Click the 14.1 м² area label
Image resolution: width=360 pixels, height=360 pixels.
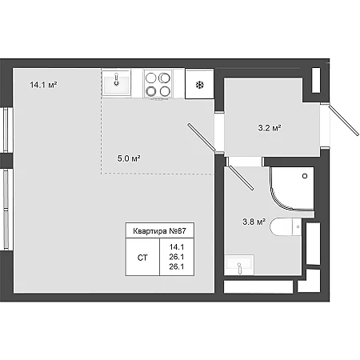43,85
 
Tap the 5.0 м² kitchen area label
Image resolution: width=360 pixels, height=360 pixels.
129,158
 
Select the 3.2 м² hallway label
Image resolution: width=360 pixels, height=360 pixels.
270,128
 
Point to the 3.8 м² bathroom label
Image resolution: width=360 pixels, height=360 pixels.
254,222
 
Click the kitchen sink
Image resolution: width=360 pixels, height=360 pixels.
117,82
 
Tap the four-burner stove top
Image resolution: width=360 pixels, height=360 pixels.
158,84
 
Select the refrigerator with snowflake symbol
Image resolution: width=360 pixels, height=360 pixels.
199,84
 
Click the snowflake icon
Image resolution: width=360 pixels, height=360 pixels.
200,85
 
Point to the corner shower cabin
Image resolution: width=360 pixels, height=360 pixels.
292,188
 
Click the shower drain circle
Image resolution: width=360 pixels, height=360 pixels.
305,176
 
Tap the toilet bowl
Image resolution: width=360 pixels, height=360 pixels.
286,226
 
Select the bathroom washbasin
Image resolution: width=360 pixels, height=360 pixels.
239,265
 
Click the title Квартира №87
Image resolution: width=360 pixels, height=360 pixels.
159,231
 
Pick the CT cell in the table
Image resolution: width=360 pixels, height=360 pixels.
142,258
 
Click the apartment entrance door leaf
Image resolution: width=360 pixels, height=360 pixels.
344,120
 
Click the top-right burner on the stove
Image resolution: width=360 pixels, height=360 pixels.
165,78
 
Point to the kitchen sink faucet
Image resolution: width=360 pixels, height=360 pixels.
116,79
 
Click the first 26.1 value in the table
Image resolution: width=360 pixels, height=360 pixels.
177,257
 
